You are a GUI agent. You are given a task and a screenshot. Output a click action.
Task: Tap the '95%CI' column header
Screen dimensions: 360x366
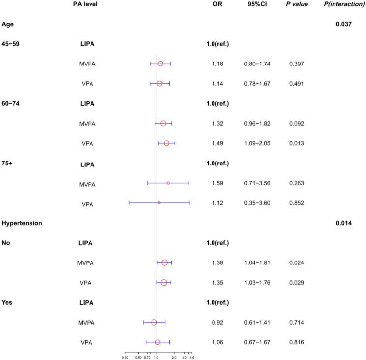click(257, 4)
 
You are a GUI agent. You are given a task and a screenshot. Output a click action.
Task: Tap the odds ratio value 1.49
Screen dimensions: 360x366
click(217, 143)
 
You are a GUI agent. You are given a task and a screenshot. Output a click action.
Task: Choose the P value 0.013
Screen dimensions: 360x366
click(296, 143)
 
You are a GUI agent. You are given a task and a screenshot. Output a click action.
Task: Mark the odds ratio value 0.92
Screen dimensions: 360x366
click(217, 323)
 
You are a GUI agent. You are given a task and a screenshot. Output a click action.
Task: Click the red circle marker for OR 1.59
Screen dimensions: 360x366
click(168, 183)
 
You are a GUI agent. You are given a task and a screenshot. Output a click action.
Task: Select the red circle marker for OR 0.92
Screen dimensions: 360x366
click(154, 323)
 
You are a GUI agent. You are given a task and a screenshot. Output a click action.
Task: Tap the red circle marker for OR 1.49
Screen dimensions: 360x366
click(166, 143)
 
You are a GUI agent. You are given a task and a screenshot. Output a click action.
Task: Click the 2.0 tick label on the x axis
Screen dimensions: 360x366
click(174, 358)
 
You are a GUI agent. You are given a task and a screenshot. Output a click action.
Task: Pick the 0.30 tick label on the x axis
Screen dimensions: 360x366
click(125, 358)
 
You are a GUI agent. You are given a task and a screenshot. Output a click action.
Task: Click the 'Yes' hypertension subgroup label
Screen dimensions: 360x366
click(7, 302)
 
